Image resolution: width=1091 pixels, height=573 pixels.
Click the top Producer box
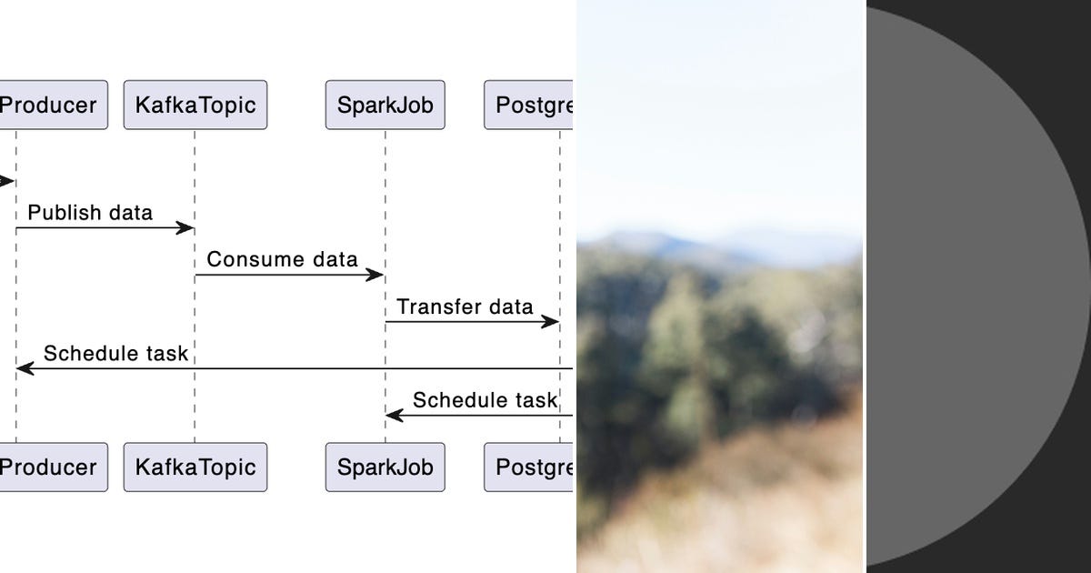[x=50, y=105]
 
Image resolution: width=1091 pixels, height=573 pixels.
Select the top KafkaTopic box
[x=195, y=105]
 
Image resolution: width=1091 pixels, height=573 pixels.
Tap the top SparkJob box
[x=385, y=105]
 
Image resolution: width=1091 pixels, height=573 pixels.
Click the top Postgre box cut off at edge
[x=530, y=105]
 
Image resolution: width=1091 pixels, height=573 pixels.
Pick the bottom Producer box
[x=50, y=467]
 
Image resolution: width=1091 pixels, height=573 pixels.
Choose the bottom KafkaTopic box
[x=195, y=467]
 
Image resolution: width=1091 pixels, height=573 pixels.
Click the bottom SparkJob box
[x=385, y=467]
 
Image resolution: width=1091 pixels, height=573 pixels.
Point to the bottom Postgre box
[x=530, y=467]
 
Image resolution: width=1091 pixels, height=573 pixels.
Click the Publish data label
[x=90, y=213]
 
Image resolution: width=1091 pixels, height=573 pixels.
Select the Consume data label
[x=282, y=259]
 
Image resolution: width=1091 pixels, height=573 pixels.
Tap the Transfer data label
[x=465, y=307]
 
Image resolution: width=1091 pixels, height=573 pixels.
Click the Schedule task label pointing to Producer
[x=115, y=354]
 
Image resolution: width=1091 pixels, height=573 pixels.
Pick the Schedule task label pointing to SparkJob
[x=485, y=400]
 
